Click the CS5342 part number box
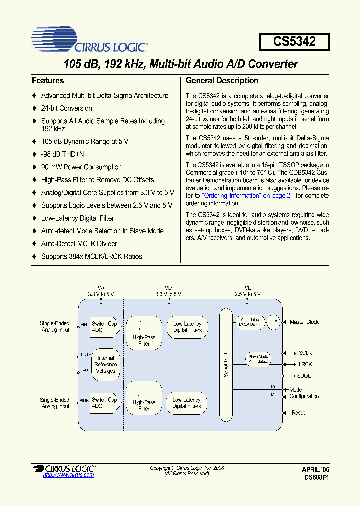(294, 41)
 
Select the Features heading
(48, 80)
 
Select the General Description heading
(222, 80)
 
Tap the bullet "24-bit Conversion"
(66, 108)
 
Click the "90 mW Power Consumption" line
(81, 167)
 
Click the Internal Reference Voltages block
(105, 364)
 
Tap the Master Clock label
(304, 322)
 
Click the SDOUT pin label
(306, 376)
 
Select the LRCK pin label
(305, 365)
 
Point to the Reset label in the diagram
(298, 413)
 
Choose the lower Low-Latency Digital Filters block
(187, 403)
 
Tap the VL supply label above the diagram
(247, 288)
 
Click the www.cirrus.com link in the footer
(68, 475)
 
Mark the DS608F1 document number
(316, 477)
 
